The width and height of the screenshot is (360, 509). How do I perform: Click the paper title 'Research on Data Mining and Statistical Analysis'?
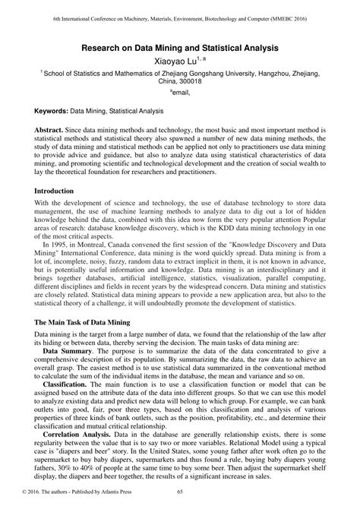click(x=179, y=47)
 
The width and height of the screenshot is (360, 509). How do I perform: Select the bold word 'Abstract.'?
click(x=49, y=131)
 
